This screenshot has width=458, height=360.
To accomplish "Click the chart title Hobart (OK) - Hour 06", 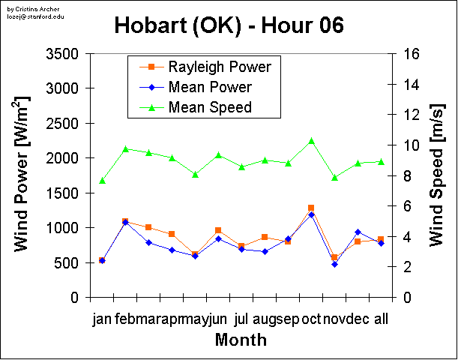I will click(229, 25).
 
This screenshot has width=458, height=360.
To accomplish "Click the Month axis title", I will click(241, 340).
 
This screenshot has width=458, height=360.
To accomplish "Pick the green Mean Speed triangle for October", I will click(311, 141).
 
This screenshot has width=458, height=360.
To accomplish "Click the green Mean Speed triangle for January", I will click(102, 181).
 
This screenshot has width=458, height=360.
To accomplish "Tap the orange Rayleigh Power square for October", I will click(311, 208).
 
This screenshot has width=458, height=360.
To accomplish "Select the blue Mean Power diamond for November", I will click(334, 264).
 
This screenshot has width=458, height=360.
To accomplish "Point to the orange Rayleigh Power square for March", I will click(148, 227).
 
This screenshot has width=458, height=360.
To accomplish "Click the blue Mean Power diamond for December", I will click(358, 232).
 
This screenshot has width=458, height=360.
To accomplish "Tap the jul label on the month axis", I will click(241, 319).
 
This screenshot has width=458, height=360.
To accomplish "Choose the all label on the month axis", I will click(381, 319).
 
